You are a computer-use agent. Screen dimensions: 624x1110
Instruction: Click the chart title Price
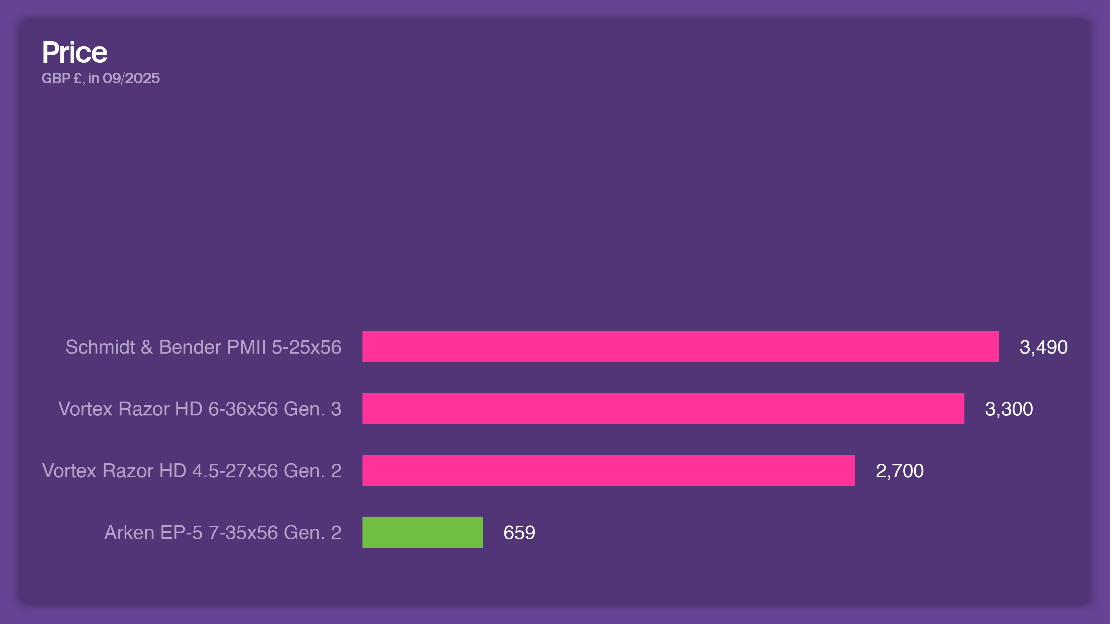(x=75, y=53)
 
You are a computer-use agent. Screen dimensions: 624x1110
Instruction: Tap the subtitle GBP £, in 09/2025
(x=100, y=78)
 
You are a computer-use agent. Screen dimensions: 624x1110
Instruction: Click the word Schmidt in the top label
(x=100, y=347)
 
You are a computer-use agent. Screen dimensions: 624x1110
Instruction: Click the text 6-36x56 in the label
(x=243, y=409)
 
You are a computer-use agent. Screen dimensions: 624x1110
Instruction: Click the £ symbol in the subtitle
(x=77, y=78)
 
